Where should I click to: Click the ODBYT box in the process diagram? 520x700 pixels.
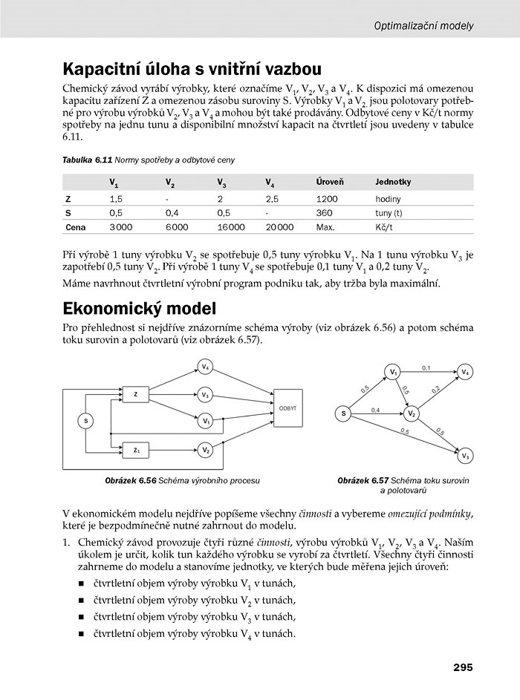[288, 408]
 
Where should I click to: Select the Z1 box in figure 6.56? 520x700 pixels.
[136, 449]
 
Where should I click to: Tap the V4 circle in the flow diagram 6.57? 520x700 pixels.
[465, 371]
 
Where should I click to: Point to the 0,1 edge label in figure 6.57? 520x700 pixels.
[426, 367]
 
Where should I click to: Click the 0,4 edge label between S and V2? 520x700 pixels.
[376, 409]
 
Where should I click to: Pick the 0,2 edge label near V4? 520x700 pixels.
[435, 388]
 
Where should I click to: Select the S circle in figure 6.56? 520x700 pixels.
[86, 421]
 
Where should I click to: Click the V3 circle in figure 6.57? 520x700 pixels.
[466, 455]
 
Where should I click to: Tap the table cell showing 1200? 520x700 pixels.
[326, 199]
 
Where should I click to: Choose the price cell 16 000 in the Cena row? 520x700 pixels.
[231, 227]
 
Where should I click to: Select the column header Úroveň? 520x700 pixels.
[330, 182]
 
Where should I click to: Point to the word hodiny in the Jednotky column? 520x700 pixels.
[388, 199]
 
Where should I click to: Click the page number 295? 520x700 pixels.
[462, 667]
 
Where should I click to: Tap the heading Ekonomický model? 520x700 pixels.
[140, 308]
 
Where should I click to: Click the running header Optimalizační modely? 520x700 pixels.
[423, 25]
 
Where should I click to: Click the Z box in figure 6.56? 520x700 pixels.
[136, 395]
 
